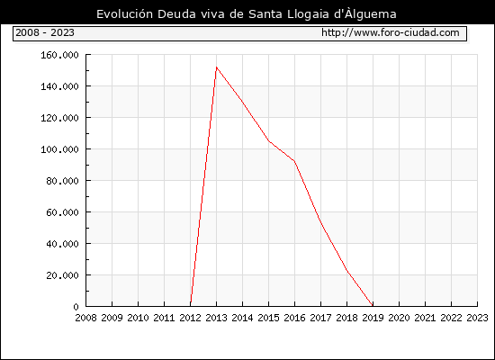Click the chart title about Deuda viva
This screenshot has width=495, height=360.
tap(247, 14)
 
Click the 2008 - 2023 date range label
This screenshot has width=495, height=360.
tap(45, 32)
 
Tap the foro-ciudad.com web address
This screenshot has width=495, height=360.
tap(391, 32)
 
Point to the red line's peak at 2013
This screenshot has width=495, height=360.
tap(216, 67)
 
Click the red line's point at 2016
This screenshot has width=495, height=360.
tap(294, 161)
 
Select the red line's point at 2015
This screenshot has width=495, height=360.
tap(269, 140)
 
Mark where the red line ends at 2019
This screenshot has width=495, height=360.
tap(373, 306)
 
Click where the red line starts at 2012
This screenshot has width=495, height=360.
tap(191, 305)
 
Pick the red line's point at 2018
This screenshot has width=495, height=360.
tap(346, 270)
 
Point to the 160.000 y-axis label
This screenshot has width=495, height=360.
tap(59, 55)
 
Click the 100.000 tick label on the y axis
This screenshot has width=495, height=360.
tap(59, 149)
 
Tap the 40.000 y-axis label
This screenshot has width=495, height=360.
tap(62, 244)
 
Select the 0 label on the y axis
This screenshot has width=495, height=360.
tap(76, 307)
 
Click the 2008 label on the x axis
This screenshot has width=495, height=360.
tap(85, 318)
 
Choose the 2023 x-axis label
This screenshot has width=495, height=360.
tap(477, 318)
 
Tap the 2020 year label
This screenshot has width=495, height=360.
tap(399, 318)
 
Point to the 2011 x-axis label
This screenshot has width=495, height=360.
tap(164, 318)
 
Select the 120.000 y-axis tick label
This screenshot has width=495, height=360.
tap(59, 118)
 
